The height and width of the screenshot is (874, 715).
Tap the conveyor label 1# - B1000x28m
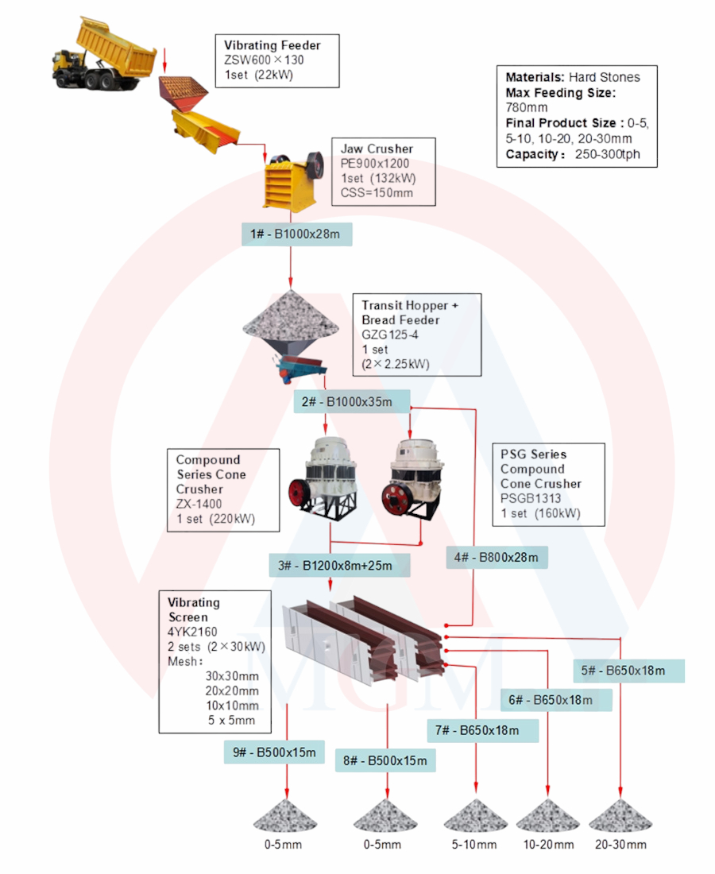pyautogui.click(x=296, y=234)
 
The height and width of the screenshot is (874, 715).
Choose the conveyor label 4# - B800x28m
pyautogui.click(x=497, y=558)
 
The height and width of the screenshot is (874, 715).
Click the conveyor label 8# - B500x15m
pyautogui.click(x=385, y=761)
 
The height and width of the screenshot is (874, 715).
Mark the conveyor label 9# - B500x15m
pyautogui.click(x=275, y=752)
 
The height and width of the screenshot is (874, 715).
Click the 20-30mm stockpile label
pyautogui.click(x=620, y=845)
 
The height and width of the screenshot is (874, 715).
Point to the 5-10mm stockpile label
pyautogui.click(x=474, y=845)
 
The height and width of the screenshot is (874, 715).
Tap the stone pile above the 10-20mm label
pyautogui.click(x=548, y=817)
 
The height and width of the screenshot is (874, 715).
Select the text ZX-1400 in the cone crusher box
pyautogui.click(x=199, y=504)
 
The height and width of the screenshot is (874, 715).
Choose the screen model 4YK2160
pyautogui.click(x=192, y=632)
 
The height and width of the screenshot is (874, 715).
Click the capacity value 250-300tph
pyautogui.click(x=608, y=154)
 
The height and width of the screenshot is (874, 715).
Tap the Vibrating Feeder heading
pyautogui.click(x=272, y=45)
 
